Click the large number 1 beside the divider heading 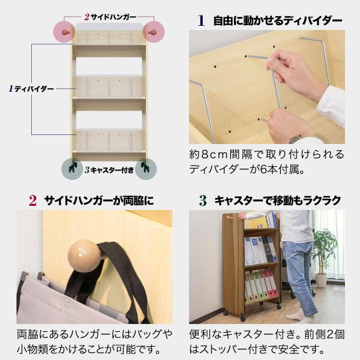point(201,20)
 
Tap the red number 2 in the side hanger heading point(32,200)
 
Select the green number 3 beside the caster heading point(203,200)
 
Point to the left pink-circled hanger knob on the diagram point(65,32)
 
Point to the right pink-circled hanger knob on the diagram point(152,32)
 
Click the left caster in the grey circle point(73,168)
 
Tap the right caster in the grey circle point(145,168)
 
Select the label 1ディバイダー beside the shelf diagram point(31,89)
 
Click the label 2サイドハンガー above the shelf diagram point(110,17)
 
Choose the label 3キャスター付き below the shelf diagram point(109,170)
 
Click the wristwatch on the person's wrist point(295,139)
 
